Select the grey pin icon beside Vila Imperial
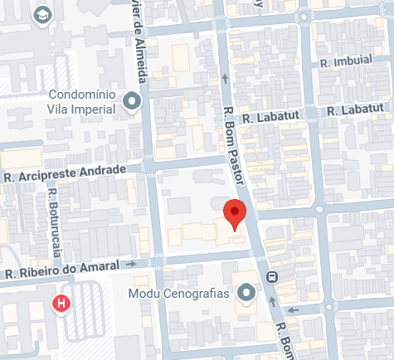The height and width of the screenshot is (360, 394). (x=131, y=102)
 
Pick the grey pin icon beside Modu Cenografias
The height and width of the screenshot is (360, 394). (x=246, y=293)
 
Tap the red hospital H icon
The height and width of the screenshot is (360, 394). (x=61, y=304)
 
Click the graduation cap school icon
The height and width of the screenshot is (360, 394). (x=41, y=15)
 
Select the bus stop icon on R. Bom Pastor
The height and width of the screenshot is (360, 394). (x=271, y=277)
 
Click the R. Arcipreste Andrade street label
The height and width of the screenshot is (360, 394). (x=65, y=173)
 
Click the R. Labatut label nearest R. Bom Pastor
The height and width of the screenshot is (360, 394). (x=270, y=119)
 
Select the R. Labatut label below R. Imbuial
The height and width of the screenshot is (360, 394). (x=354, y=110)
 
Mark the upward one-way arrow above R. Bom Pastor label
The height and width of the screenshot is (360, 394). (x=226, y=80)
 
